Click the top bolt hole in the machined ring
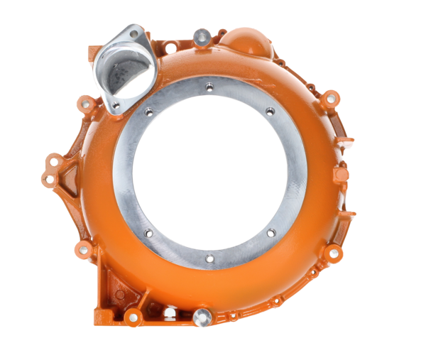coord(209,87)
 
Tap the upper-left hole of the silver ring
coord(148,112)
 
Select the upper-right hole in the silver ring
coord(270,111)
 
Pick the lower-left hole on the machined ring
coord(148,233)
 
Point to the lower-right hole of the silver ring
coord(270,231)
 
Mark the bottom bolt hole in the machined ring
coord(209,258)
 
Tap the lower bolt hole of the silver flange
coord(116,105)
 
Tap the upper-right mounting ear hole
coord(330,94)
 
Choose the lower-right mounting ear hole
coord(334,253)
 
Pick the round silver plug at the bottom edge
coord(201,317)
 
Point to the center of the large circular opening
coord(209,173)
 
